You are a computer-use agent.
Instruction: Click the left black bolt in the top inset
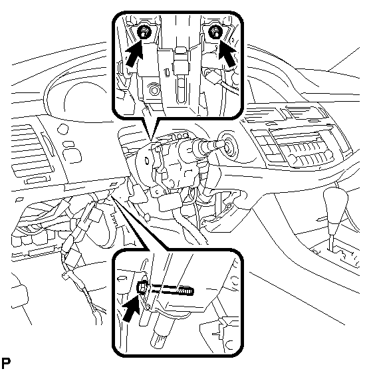click(x=144, y=32)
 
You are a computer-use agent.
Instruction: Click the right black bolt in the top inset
click(x=215, y=32)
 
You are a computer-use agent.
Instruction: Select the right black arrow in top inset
click(x=227, y=53)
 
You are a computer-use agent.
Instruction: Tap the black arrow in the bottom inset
click(x=131, y=309)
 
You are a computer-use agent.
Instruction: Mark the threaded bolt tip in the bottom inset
click(x=186, y=291)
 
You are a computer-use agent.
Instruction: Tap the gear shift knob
click(x=335, y=209)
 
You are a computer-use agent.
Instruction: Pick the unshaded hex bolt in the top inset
click(x=154, y=90)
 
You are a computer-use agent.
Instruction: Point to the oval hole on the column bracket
click(x=147, y=161)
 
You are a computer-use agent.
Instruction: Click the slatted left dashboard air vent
click(x=32, y=151)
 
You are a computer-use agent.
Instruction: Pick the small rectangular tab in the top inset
click(x=167, y=72)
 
